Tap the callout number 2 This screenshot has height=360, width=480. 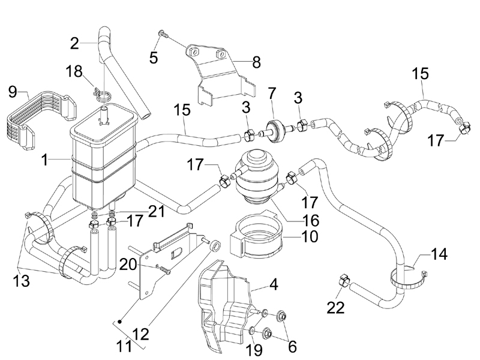pos(74,43)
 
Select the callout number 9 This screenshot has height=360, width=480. pos(12,93)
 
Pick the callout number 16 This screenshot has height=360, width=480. pos(310,220)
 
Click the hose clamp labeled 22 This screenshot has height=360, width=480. pos(345,279)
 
